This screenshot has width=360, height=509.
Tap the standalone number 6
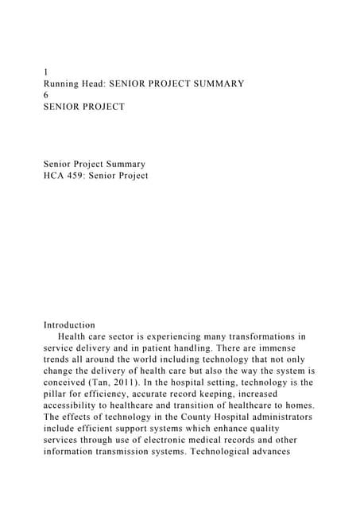point(46,95)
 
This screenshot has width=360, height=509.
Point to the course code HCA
point(56,176)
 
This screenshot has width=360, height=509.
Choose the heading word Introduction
point(69,325)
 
